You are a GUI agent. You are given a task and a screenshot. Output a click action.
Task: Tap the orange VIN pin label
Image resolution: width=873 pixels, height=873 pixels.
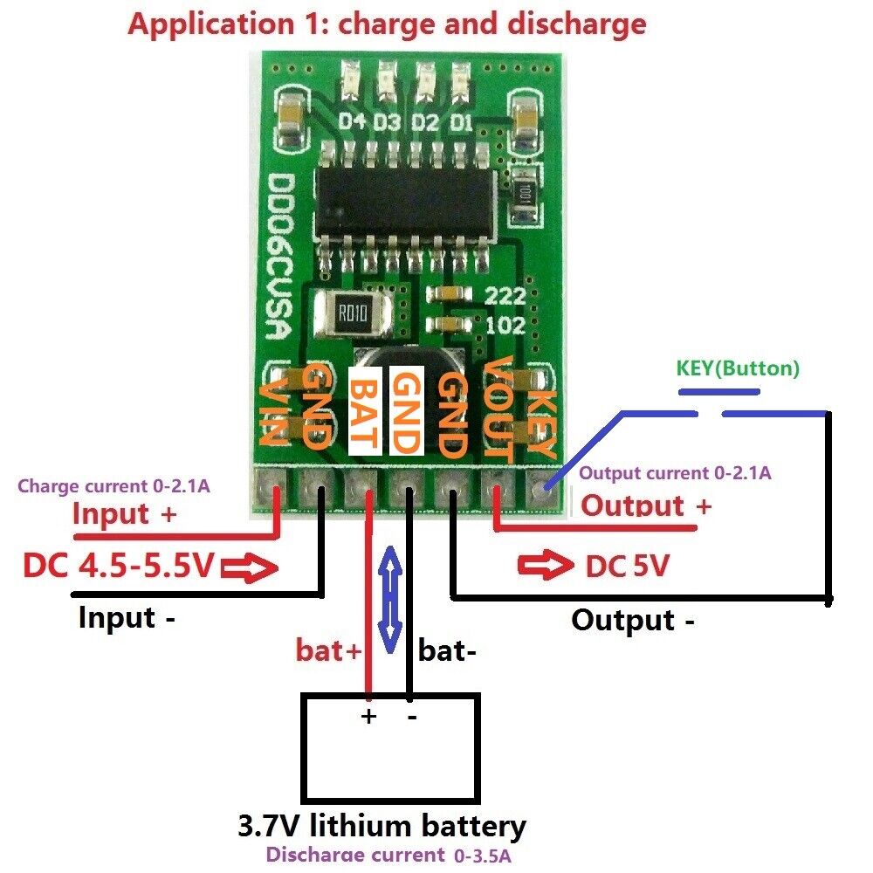[273, 410]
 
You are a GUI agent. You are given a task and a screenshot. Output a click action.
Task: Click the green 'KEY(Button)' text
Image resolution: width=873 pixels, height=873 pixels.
[738, 368]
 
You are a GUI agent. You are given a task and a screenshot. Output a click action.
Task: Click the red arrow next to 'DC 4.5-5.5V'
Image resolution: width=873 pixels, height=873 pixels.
[250, 569]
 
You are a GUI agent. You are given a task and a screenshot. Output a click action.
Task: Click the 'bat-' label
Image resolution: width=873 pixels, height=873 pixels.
[448, 650]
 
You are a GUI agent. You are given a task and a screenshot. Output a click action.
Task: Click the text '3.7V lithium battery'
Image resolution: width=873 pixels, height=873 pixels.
[382, 825]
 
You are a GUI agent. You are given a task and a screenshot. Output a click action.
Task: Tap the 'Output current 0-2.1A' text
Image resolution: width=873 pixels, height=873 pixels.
[675, 473]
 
